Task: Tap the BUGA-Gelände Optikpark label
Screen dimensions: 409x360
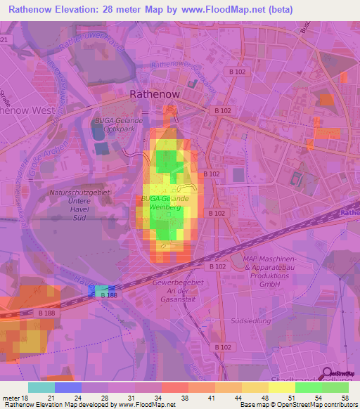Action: (119, 124)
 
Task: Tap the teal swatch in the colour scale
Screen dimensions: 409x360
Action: (41, 387)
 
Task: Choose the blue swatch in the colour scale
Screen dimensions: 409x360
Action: (68, 387)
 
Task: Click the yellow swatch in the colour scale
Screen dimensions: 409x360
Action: (282, 387)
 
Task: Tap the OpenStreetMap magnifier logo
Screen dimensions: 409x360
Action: (328, 374)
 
